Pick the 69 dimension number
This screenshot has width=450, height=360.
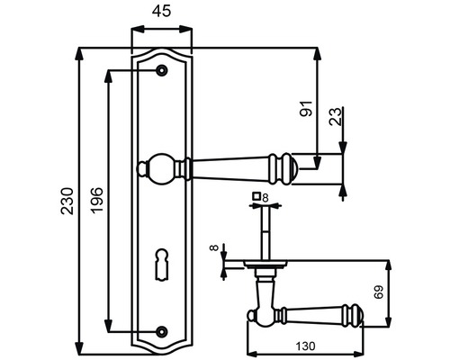[378, 292]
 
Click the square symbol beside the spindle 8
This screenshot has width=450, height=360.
[256, 196]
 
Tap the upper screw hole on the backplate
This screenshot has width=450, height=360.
[162, 70]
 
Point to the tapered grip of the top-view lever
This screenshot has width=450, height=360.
[310, 315]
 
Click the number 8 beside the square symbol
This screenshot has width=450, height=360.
[265, 196]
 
